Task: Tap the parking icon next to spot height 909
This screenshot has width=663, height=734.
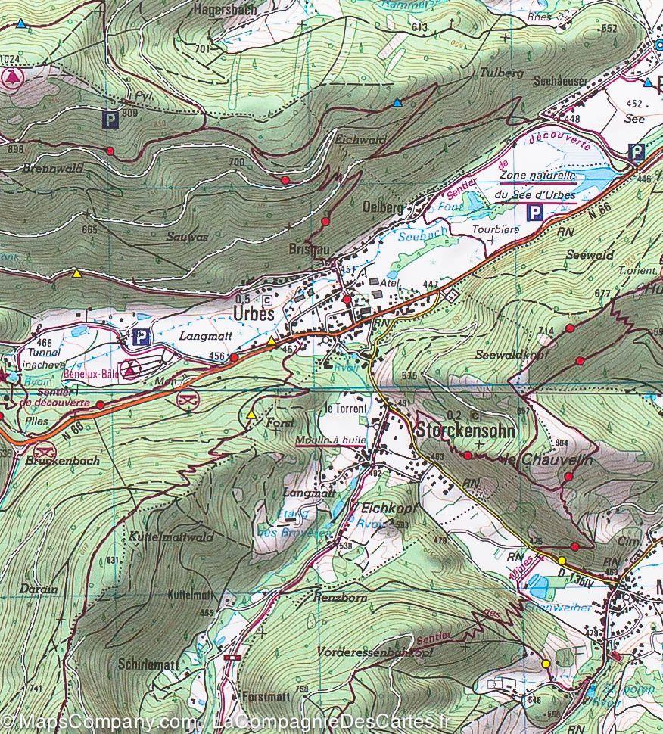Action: coord(111,119)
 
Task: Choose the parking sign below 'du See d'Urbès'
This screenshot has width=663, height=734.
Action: coord(535,213)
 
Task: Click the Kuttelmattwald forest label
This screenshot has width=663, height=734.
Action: coord(173,537)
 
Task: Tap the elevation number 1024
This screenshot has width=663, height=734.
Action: coord(8,60)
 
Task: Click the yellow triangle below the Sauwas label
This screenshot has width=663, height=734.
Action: coord(76,274)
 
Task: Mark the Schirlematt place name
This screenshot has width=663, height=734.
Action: coord(148,664)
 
